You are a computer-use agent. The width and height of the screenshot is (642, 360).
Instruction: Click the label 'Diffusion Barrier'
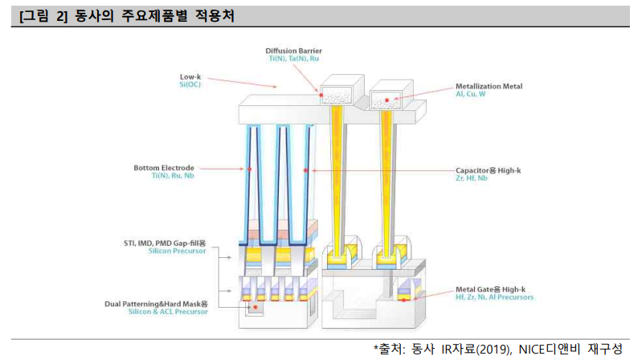coord(294,51)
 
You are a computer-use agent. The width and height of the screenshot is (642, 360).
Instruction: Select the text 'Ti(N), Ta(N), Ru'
coord(294,59)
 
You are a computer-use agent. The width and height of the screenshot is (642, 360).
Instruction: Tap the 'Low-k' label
coord(190,76)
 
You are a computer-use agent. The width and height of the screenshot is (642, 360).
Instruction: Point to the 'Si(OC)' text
coord(190,84)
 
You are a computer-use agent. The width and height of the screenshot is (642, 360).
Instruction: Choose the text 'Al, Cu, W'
coord(471,94)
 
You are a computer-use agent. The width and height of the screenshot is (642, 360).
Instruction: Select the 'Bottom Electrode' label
coord(164,168)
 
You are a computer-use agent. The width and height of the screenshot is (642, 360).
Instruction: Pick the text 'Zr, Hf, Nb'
coord(472,178)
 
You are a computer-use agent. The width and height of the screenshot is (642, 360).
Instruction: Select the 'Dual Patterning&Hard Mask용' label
coord(157,304)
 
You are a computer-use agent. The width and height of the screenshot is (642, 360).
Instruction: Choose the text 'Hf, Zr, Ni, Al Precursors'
coord(494,297)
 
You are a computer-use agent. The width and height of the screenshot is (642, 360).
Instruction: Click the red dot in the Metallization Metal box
coord(387,100)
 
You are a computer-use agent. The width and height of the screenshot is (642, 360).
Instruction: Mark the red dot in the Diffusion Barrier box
coord(322,96)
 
